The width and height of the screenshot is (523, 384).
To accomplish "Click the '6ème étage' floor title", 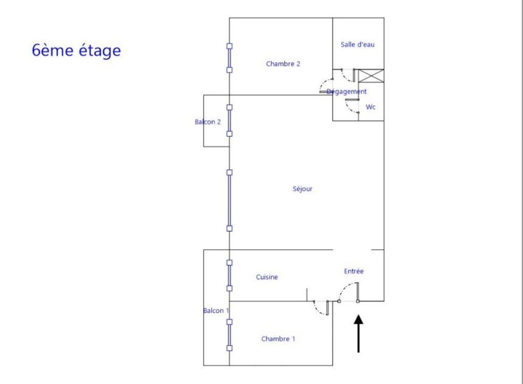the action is [77, 50].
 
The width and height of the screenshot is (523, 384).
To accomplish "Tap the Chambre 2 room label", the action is [283, 64].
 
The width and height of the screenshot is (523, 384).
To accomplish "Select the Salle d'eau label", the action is [358, 44].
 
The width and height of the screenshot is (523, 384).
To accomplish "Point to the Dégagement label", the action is [347, 92].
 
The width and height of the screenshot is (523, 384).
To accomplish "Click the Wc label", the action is [370, 107].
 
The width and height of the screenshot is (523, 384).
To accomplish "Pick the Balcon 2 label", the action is [207, 122].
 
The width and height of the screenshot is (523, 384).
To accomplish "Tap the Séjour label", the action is [302, 189].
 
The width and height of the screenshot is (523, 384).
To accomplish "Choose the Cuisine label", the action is [267, 277].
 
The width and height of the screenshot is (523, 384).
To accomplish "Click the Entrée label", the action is [353, 272].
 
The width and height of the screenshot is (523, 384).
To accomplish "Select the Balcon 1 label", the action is [216, 310].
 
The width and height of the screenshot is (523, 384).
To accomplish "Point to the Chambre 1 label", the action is [278, 339].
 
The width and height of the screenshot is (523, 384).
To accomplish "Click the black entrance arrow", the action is [358, 334].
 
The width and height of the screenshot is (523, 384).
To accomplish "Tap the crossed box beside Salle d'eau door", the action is [371, 76].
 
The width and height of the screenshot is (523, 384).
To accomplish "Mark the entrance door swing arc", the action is [345, 287].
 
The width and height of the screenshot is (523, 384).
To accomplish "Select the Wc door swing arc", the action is [348, 108].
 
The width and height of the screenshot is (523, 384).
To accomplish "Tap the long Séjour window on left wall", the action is [229, 201].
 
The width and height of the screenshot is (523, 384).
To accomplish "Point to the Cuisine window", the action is [229, 276].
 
